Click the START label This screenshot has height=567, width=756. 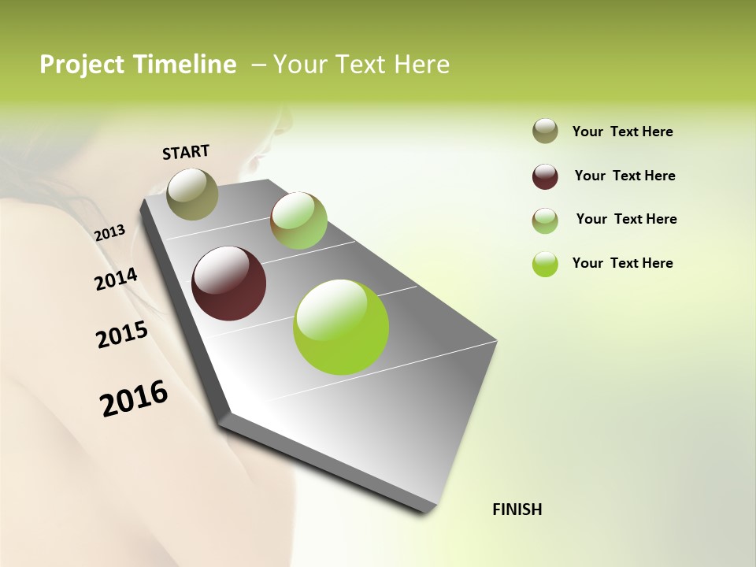click(x=186, y=152)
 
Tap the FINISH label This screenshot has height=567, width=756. click(x=517, y=510)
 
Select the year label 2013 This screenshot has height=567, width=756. click(x=109, y=232)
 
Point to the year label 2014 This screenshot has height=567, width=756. click(x=116, y=279)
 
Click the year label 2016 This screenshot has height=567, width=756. click(x=134, y=398)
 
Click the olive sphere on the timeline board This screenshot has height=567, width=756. click(x=192, y=194)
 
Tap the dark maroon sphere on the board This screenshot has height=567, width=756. click(x=229, y=283)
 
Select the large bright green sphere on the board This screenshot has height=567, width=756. click(x=341, y=327)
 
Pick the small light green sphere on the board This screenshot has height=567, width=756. click(x=298, y=220)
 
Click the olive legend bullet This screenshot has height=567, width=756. click(x=545, y=132)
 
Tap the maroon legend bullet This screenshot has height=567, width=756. click(x=545, y=176)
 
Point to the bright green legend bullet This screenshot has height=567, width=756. click(x=545, y=264)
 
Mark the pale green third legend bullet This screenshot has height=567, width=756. click(x=545, y=220)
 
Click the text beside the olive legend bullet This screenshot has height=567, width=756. click(x=622, y=132)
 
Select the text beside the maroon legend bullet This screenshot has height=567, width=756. click(x=624, y=176)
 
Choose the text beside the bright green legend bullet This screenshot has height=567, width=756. click(x=622, y=263)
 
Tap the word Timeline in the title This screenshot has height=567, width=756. click(x=185, y=65)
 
